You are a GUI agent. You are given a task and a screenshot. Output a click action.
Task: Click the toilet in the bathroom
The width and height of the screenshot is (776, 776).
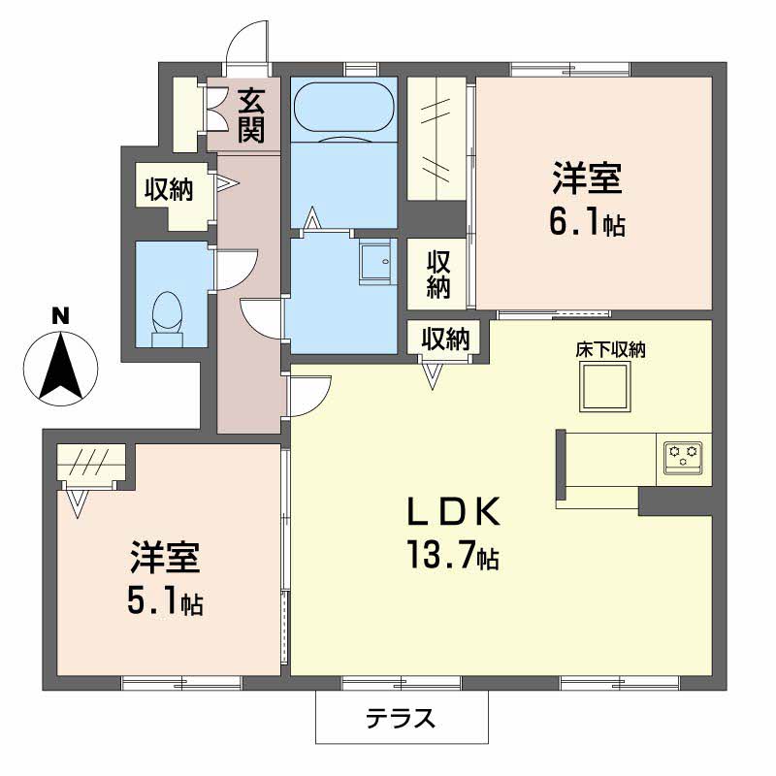[x=168, y=316]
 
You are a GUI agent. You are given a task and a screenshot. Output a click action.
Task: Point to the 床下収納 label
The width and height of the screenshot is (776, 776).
[x=611, y=351]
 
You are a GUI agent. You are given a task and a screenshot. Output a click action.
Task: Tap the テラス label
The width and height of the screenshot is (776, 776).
[x=401, y=719]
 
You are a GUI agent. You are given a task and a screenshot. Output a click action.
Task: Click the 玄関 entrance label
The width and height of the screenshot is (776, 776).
[x=251, y=113]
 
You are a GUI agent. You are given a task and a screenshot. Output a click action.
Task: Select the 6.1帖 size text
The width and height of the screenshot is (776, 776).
[x=586, y=224]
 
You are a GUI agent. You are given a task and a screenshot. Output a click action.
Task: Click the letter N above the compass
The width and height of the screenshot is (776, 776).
[x=60, y=315]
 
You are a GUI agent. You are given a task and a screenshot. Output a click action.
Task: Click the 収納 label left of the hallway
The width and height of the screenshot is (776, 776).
[x=169, y=190]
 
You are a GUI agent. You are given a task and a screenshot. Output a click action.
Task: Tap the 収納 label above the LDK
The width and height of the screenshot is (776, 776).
[x=445, y=339]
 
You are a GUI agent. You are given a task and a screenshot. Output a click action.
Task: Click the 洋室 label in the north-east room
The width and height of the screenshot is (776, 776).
[x=587, y=180]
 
